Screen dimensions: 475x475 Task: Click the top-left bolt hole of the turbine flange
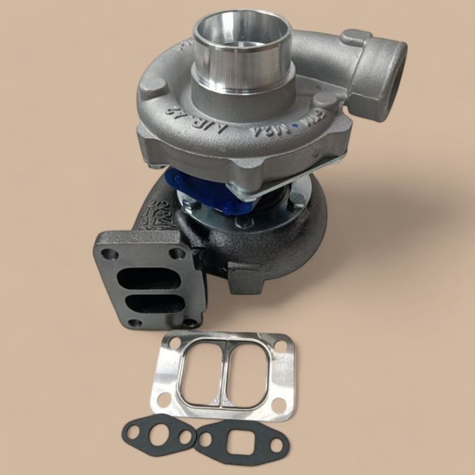[x=113, y=255]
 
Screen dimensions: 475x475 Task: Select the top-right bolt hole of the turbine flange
[x=178, y=254]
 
